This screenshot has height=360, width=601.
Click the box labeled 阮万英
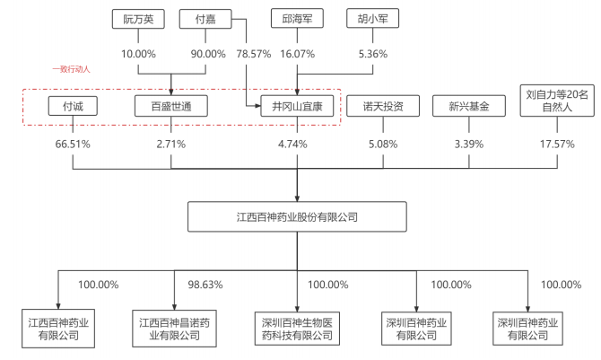pos(135,18)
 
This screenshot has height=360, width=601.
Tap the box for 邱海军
pos(297,18)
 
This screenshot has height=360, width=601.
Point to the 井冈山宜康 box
pos(297,107)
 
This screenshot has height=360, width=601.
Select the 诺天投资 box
pos(382,107)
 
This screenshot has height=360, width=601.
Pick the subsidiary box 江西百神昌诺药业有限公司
pos(175,328)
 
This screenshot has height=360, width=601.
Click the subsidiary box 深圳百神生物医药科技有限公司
pos(297,328)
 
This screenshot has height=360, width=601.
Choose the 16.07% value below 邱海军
pos(297,54)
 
